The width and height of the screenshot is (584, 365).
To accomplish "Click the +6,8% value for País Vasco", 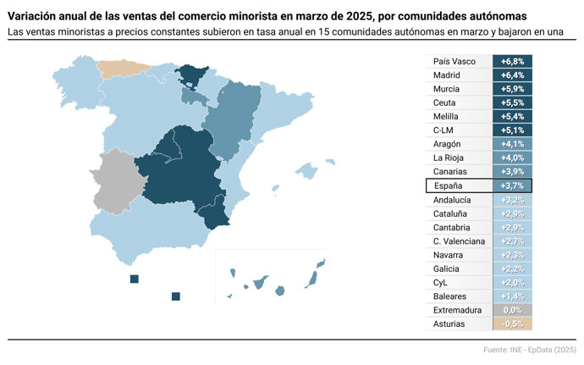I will (512, 62).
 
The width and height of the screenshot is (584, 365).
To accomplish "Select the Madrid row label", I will (447, 75).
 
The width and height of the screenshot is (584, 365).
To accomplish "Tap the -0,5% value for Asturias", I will (512, 324).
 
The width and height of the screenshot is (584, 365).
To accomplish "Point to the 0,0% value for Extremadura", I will (512, 310).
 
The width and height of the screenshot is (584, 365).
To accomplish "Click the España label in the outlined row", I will (449, 185).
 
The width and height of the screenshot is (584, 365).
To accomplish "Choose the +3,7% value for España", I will (512, 185).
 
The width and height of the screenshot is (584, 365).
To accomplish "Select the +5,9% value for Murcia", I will (512, 89).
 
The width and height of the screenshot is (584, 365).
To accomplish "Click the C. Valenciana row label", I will (458, 241).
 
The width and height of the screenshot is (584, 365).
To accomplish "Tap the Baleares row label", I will (449, 296).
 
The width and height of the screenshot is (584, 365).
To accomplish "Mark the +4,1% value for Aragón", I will (512, 144).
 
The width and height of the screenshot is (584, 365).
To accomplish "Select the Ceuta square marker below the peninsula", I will (134, 279).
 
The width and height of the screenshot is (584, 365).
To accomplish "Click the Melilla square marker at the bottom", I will (175, 296).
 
